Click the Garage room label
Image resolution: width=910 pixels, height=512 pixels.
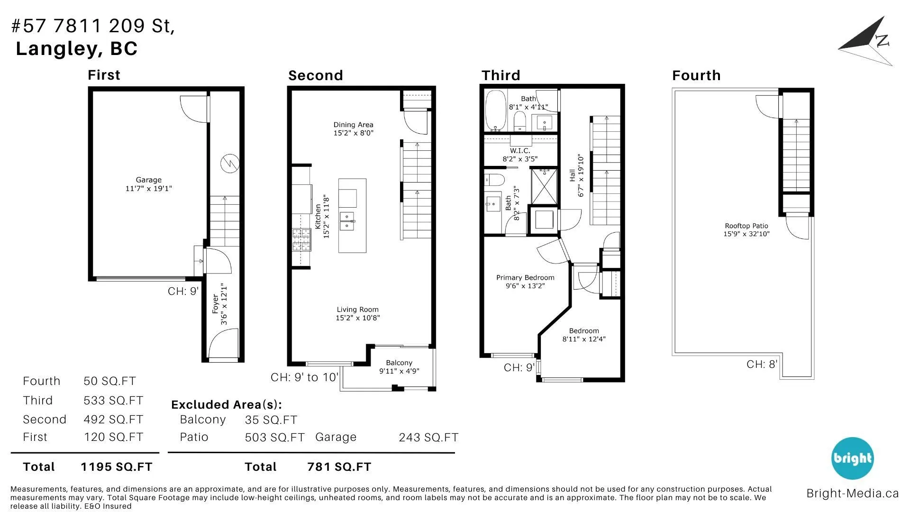148,184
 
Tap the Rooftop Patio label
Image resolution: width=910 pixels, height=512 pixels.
746,230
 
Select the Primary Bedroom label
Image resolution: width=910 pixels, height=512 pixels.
525,282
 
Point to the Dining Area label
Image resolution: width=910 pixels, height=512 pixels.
353,129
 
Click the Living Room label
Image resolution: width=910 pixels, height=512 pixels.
358,313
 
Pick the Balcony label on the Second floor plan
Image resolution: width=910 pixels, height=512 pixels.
399,367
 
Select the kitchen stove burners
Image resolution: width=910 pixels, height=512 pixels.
301,240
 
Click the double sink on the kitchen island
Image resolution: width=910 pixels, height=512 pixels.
347,221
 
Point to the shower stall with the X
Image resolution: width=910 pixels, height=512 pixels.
544,186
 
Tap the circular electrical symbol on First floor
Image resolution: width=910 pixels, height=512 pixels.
230,164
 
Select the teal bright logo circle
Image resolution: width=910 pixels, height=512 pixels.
853,458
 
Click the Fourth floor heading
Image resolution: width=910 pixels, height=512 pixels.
696,75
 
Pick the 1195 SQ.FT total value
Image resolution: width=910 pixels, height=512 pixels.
117,467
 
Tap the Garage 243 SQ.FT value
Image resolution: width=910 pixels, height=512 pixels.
428,438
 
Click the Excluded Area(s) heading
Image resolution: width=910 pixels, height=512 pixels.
227,405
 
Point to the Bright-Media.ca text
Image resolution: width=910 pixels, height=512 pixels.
853,494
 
